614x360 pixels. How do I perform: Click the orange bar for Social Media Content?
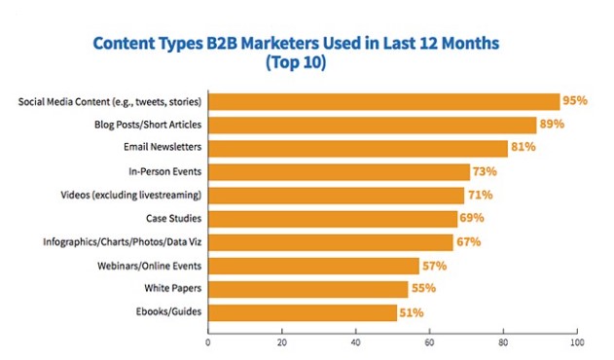tap(383, 101)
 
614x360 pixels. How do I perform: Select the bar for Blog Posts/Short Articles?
tap(372, 125)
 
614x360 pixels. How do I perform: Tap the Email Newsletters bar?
tap(357, 148)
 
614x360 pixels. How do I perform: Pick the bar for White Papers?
tap(308, 289)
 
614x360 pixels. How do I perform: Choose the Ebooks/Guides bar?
tap(302, 312)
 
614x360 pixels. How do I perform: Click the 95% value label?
tap(575, 101)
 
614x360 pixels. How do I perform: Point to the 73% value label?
tap(485, 172)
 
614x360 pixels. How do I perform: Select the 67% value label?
tap(469, 242)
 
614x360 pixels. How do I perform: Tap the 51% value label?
tap(411, 312)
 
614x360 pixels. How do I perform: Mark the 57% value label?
tap(433, 266)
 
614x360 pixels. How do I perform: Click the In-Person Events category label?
tap(166, 172)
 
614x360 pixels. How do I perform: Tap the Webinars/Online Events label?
tap(153, 266)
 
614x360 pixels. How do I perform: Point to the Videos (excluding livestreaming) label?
tap(135, 196)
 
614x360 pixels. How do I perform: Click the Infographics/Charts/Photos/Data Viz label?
tap(122, 242)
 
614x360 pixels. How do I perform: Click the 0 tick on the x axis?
tap(208, 342)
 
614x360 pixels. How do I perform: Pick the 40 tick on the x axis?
tap(355, 342)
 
